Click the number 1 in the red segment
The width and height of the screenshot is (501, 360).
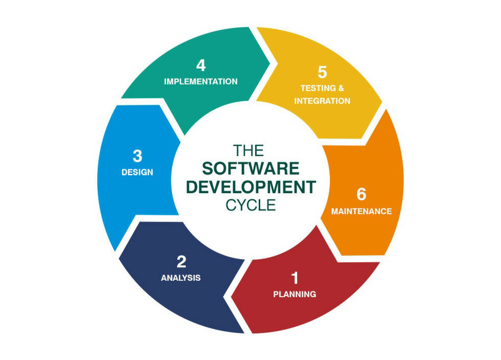[295, 278]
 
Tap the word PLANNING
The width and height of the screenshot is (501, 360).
[295, 294]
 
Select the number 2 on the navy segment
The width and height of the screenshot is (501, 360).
[181, 262]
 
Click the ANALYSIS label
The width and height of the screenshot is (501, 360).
[181, 278]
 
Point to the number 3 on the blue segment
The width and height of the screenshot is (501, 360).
[137, 156]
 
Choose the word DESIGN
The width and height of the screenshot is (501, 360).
[137, 173]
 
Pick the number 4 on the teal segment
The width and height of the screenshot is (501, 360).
[201, 66]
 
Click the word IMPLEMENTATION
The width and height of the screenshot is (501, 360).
[201, 81]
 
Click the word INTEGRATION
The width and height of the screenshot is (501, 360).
[322, 101]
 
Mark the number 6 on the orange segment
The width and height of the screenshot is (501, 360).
[362, 195]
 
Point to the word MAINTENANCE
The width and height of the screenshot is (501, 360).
[362, 211]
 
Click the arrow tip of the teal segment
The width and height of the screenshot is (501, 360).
[276, 63]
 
